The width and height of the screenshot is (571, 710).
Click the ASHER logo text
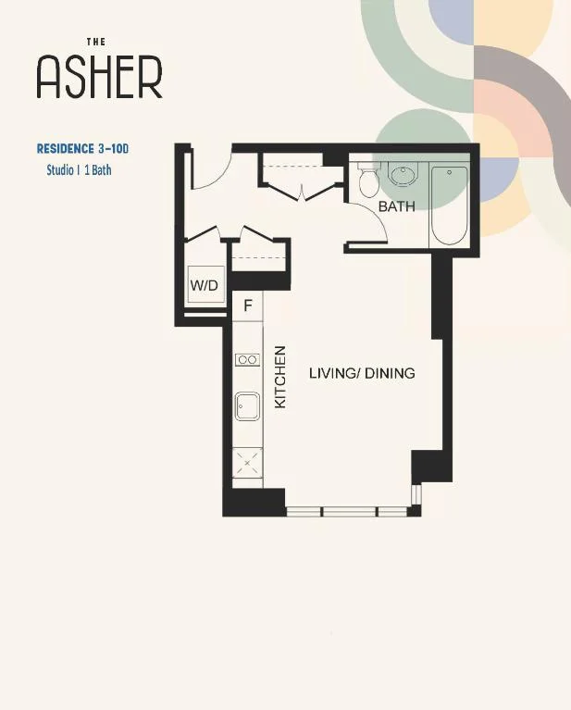(x=99, y=78)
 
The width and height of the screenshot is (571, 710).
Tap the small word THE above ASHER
(x=96, y=42)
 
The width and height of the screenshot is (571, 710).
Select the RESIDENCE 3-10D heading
(x=83, y=148)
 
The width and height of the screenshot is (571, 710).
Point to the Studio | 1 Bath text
(x=79, y=170)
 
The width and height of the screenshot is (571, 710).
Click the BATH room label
(x=397, y=206)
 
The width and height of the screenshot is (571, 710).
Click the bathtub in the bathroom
(x=449, y=206)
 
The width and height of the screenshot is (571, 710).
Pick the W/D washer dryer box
(x=206, y=284)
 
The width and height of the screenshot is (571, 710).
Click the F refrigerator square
(x=248, y=306)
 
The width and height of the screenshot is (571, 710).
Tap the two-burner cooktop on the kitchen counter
(x=248, y=360)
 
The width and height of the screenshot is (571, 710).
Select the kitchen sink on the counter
(x=247, y=406)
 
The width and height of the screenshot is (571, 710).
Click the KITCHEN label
(x=280, y=377)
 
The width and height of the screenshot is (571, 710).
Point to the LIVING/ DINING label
(x=362, y=373)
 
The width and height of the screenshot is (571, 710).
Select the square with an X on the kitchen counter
(x=247, y=462)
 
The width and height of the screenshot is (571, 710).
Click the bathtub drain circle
(x=449, y=172)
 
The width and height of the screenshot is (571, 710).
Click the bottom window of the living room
(x=348, y=512)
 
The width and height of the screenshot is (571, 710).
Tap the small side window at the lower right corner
(x=416, y=496)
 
